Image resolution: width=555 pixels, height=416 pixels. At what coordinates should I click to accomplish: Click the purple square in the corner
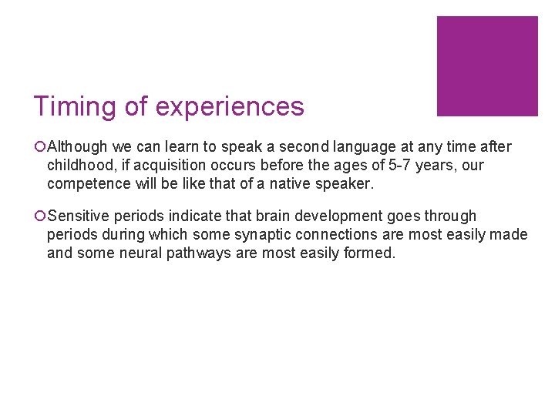pos(487,66)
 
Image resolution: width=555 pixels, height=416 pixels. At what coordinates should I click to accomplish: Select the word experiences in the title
pos(229,106)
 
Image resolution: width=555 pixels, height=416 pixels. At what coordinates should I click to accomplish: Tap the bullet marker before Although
pos(39,147)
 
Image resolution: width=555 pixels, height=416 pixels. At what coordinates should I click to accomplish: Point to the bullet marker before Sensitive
pos(39,216)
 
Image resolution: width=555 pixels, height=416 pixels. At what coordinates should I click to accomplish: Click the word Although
pos(76,147)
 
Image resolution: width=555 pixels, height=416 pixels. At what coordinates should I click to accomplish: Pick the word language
pos(357,147)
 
